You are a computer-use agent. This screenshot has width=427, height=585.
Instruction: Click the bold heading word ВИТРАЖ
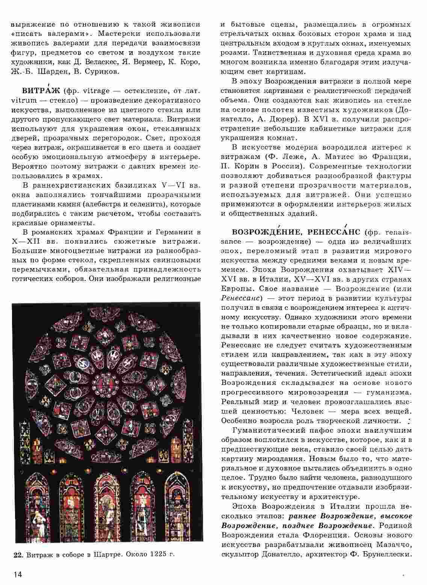[x=39, y=91]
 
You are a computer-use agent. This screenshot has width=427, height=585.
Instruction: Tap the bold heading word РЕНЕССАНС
[x=334, y=232]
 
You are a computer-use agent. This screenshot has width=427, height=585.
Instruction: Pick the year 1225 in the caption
[x=157, y=555]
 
